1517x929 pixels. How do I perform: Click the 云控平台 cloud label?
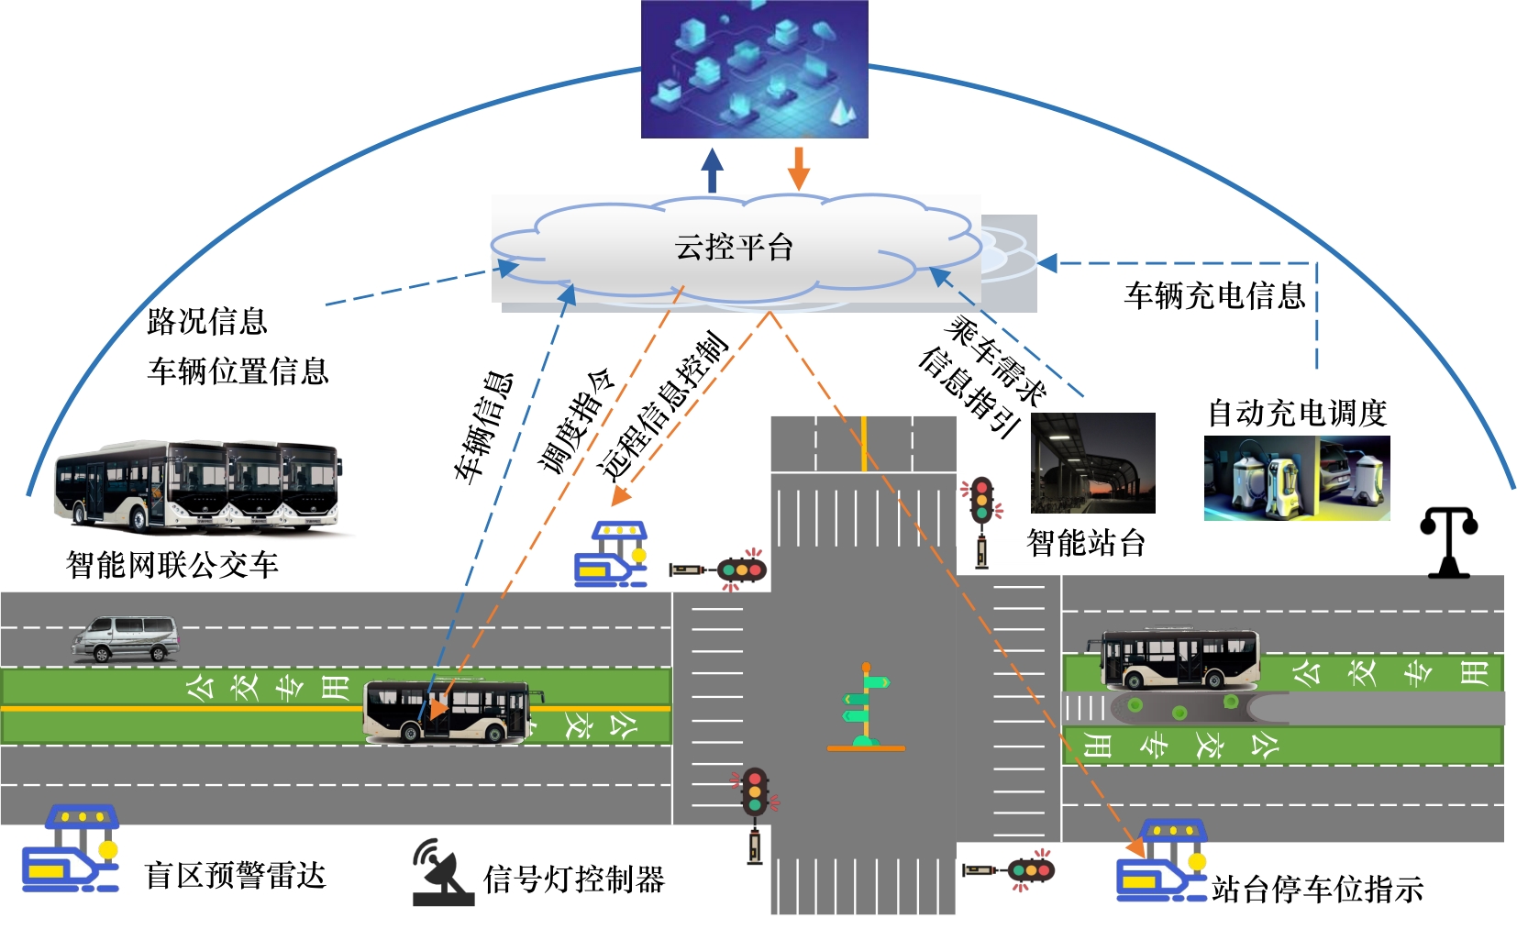(733, 247)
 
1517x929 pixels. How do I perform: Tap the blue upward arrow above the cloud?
(712, 171)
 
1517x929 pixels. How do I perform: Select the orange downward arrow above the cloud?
(799, 167)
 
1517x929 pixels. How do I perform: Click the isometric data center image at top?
(754, 69)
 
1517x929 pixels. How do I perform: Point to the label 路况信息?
(207, 321)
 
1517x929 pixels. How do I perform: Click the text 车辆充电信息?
(1214, 295)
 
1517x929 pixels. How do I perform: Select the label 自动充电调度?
(1296, 413)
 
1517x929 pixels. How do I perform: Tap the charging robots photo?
(1296, 478)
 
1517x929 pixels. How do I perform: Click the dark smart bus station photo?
(1092, 462)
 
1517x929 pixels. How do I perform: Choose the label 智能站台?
(1086, 543)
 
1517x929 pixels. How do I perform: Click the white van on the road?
(126, 638)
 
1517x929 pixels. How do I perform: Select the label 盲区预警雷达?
(235, 876)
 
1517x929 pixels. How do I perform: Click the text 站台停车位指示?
(1317, 889)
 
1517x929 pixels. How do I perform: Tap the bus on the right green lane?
(1179, 658)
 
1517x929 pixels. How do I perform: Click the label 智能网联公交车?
(172, 565)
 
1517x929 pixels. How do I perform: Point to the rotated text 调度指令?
(575, 421)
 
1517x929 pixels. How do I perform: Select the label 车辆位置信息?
(238, 371)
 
